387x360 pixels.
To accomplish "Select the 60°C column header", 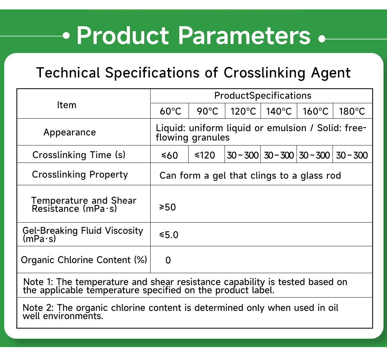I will click(x=170, y=112).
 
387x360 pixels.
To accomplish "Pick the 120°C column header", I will click(x=243, y=112).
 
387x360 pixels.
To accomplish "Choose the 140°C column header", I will click(x=279, y=112).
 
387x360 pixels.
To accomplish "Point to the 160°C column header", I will click(x=316, y=112).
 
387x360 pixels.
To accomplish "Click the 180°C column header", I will click(x=352, y=112).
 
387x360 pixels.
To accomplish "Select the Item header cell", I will click(x=66, y=105).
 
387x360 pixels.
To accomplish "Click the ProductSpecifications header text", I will click(x=262, y=96).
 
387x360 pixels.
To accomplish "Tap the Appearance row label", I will click(x=70, y=133).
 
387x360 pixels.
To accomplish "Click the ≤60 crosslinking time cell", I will click(x=169, y=155).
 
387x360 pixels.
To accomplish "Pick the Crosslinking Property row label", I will click(x=80, y=174).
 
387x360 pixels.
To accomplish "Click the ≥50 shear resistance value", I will click(x=168, y=207).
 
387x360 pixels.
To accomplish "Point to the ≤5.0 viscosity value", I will click(x=169, y=235).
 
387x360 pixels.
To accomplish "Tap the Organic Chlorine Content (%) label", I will click(x=84, y=260).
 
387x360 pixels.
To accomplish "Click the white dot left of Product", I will click(x=66, y=36).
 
